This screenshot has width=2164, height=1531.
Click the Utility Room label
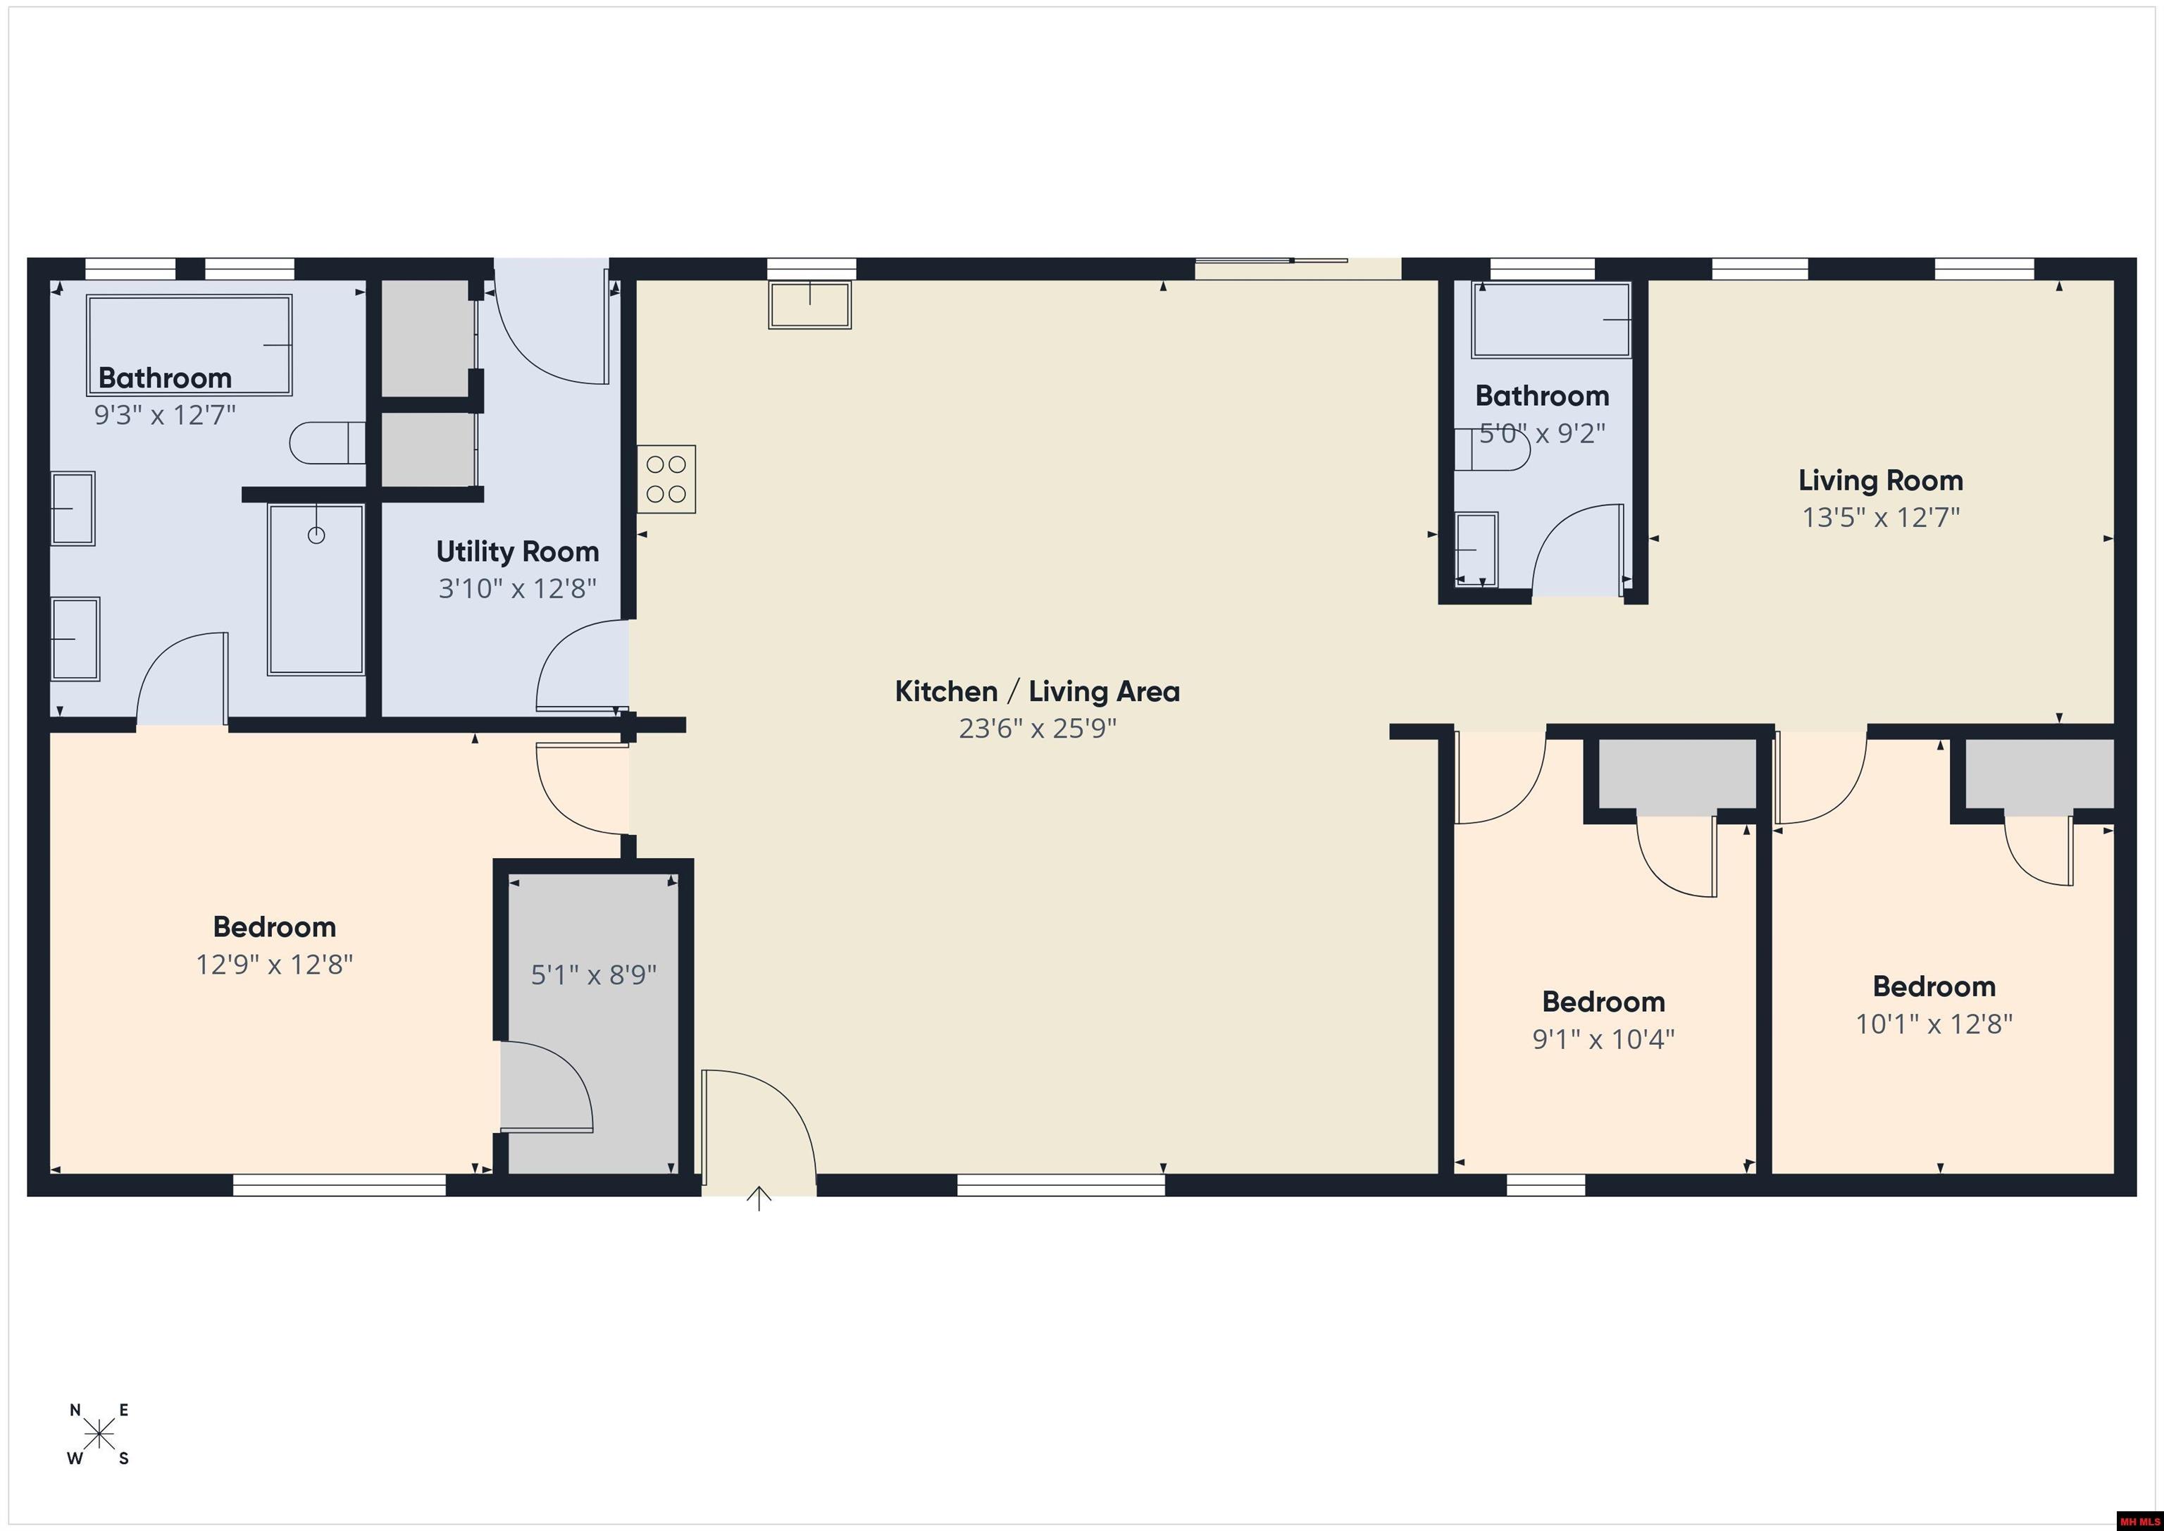coord(518,552)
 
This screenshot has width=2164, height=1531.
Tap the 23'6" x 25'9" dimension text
coord(1038,729)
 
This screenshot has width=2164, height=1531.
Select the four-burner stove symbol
coord(666,479)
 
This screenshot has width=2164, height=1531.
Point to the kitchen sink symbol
coord(809,304)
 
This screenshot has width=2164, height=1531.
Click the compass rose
coord(99,1434)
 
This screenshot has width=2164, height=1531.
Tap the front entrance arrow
coord(759,1198)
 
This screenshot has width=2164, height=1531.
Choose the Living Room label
coord(1880,481)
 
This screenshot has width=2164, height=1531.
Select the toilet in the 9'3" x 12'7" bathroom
coord(327,443)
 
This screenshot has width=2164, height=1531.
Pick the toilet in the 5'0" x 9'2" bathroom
coord(1492,450)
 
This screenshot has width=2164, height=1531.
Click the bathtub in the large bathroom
coord(189,345)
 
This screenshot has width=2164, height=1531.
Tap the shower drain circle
coord(317,535)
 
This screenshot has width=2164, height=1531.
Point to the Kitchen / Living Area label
coord(1037,692)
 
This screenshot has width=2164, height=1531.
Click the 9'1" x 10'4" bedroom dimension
coord(1603,1039)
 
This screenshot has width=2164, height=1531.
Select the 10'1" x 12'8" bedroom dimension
coord(1934,1024)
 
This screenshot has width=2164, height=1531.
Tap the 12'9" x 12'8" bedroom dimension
coord(274,965)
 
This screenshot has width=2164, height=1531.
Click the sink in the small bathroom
coord(1477,549)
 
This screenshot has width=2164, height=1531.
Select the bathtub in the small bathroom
coord(1551,321)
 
